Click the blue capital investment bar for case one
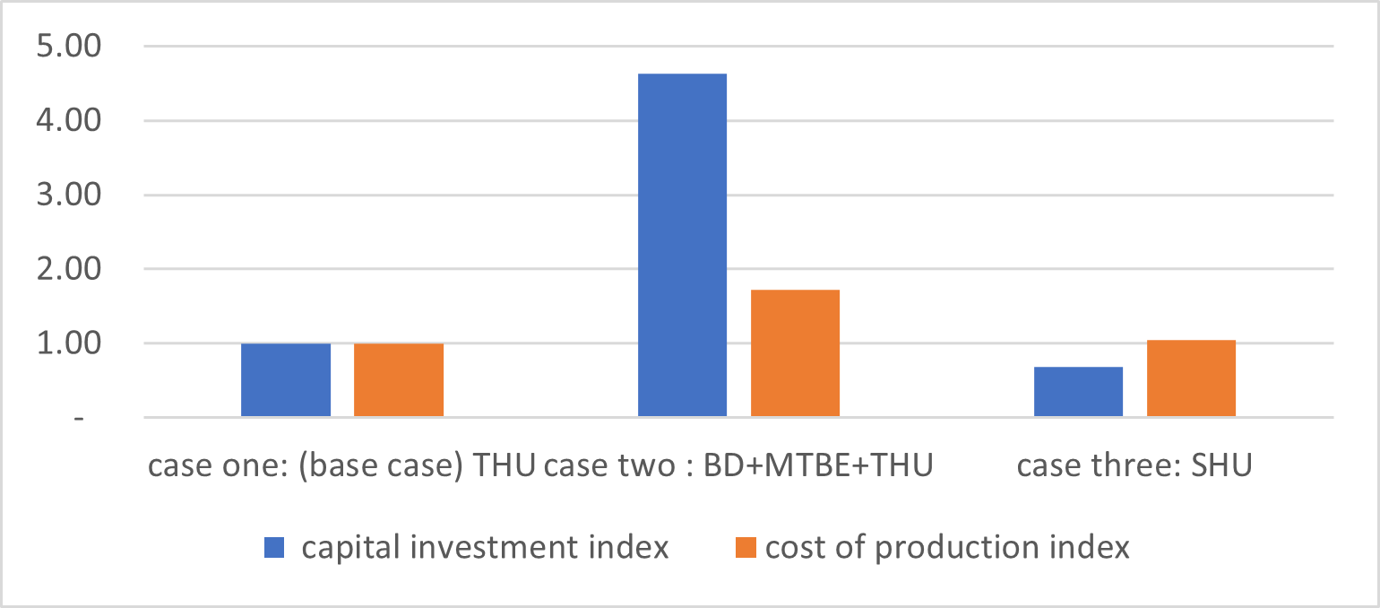click(286, 380)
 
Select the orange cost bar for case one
click(399, 380)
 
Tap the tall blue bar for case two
click(682, 245)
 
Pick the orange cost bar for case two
click(795, 353)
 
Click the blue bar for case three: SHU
click(1078, 392)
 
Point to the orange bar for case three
click(1191, 378)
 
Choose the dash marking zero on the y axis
click(80, 419)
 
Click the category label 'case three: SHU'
click(1134, 467)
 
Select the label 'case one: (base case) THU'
click(341, 467)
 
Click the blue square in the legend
click(274, 547)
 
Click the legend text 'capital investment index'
click(485, 547)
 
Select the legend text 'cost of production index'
click(947, 547)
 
